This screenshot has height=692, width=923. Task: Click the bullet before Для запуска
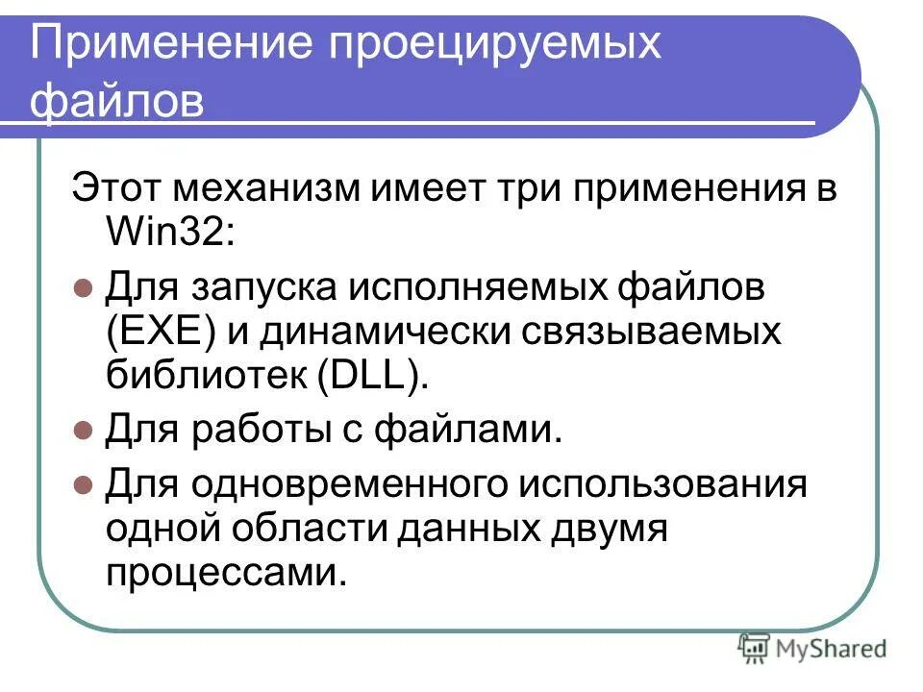pyautogui.click(x=83, y=285)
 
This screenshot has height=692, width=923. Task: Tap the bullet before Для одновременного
pyautogui.click(x=83, y=482)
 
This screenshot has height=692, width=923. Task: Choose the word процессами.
pyautogui.click(x=224, y=574)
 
